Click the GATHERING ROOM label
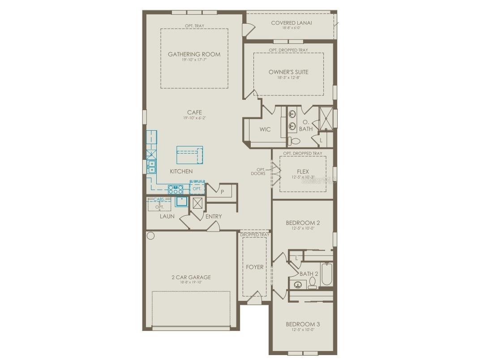coord(194,54)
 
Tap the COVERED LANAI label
coord(291,23)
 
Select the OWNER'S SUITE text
coord(288,72)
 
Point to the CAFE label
coord(194,112)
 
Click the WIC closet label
coord(265,129)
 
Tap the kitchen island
coord(190,155)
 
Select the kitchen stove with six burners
coord(175,189)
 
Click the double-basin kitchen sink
coord(152,167)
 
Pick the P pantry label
coord(223,192)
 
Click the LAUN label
coord(167,216)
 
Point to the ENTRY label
coord(214,216)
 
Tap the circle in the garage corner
coord(150,236)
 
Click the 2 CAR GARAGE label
coord(191,277)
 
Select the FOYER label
coord(254,267)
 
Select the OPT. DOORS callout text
coord(258,171)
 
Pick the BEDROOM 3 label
coord(303,324)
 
